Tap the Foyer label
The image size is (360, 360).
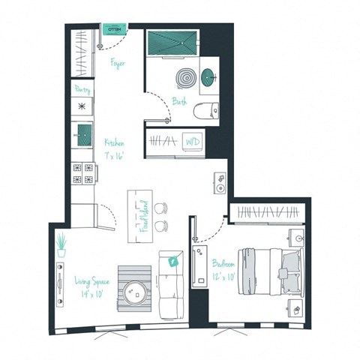click(x=117, y=64)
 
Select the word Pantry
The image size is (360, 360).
click(x=82, y=89)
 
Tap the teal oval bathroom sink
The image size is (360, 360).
click(x=208, y=76)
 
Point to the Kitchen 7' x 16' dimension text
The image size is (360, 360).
click(x=115, y=149)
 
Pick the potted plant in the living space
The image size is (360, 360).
click(x=61, y=244)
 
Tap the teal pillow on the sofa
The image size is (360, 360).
click(x=174, y=262)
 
